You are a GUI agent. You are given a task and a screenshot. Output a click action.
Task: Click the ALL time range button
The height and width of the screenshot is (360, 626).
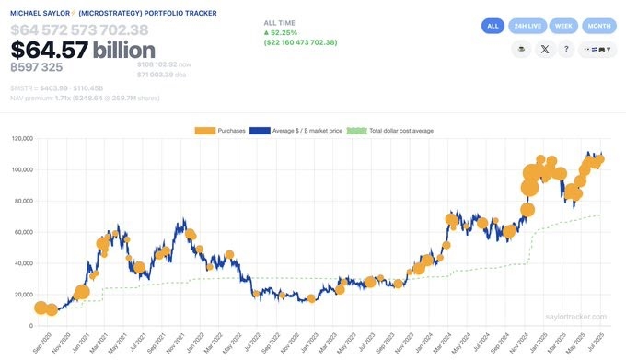tap(493, 26)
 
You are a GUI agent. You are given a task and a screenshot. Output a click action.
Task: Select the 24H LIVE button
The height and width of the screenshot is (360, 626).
tap(527, 26)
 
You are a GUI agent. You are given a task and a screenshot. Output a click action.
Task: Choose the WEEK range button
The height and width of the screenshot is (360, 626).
tap(564, 26)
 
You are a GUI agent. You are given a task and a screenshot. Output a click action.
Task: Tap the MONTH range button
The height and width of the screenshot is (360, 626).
tap(599, 26)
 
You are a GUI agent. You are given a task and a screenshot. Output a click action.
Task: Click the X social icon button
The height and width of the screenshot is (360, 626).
tap(545, 50)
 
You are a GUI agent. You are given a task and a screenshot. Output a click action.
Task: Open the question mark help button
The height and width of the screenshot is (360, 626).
tap(568, 50)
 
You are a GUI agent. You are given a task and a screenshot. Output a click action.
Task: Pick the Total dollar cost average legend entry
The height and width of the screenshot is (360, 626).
tap(390, 131)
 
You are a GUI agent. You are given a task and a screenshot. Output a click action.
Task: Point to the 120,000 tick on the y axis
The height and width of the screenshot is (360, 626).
tap(19, 139)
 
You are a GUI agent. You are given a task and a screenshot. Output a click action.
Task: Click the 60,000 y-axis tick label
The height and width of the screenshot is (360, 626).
tap(21, 232)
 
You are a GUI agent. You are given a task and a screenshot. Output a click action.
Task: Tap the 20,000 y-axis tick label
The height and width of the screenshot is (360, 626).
tap(21, 295)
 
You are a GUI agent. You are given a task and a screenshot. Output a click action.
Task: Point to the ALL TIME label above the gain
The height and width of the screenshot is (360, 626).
tap(281, 21)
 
